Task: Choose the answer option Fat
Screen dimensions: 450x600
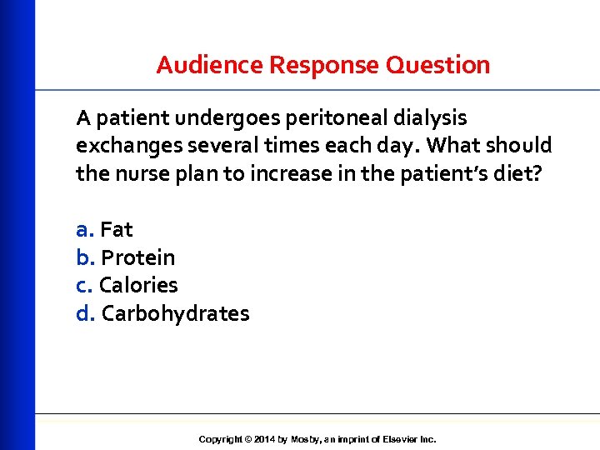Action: click(117, 229)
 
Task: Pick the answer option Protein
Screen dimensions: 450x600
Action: click(137, 257)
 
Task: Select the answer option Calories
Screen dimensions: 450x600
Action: click(138, 285)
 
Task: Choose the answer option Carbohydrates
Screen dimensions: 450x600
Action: click(175, 313)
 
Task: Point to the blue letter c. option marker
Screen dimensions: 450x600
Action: click(84, 285)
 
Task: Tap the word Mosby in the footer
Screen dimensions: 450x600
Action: click(304, 439)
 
